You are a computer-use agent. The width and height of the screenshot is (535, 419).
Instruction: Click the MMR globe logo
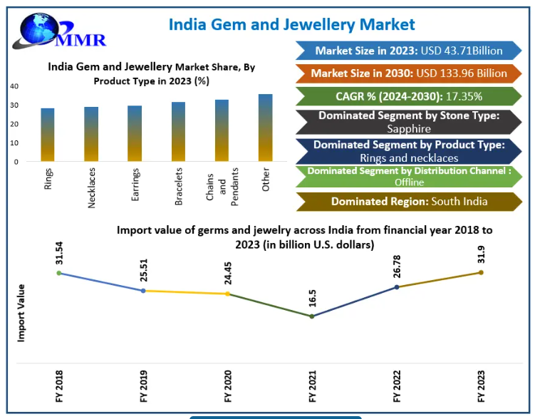[58, 31]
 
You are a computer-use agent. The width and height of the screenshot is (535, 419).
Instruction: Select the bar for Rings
[48, 135]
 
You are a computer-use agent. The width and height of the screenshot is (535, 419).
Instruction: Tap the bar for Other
[266, 128]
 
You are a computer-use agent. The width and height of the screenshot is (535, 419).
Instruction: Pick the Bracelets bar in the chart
[178, 132]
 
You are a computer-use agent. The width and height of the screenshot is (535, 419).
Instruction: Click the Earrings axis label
[135, 185]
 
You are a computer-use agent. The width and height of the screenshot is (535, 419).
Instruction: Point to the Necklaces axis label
[91, 188]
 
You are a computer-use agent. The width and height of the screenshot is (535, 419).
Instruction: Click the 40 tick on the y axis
[14, 86]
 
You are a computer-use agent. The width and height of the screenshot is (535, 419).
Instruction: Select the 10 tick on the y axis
[14, 143]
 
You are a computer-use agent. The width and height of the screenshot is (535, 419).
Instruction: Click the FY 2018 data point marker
[59, 273]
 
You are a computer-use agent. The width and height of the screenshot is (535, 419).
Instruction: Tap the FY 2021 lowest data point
[312, 316]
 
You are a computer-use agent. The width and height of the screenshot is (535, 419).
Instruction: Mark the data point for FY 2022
[397, 287]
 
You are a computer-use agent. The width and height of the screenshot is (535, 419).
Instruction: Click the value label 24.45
[228, 274]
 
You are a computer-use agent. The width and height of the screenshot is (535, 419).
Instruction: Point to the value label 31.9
[481, 254]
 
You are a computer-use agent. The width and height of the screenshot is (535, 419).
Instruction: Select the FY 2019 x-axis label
[144, 386]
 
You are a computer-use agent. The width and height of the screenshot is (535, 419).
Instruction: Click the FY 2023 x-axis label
[481, 386]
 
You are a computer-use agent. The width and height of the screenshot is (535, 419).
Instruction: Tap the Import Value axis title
[21, 313]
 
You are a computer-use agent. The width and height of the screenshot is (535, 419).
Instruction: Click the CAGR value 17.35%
[464, 97]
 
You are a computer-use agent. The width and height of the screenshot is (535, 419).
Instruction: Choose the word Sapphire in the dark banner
[409, 129]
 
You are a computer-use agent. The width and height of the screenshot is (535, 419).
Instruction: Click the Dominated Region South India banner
[409, 202]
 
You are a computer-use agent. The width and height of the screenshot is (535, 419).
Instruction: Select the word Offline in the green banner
[410, 182]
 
